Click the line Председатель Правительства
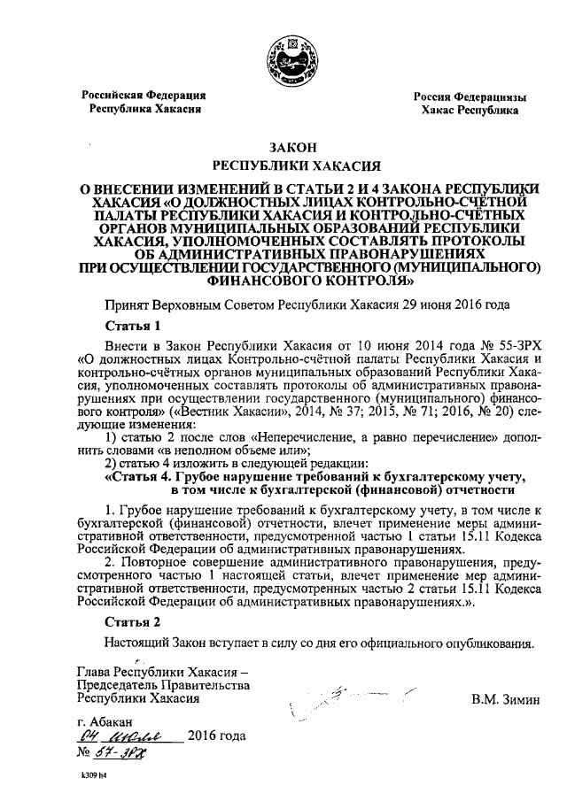point(164,685)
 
